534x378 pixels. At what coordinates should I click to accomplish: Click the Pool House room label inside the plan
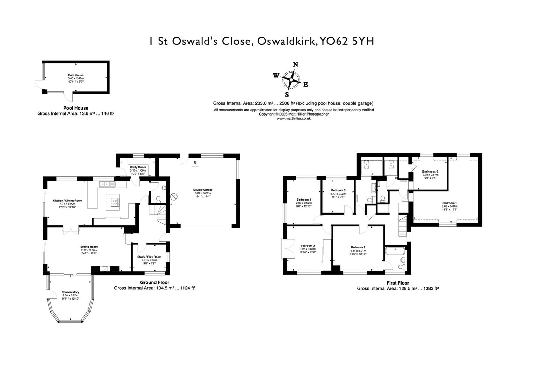coord(76,75)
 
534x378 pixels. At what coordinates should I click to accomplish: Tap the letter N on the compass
coord(295,64)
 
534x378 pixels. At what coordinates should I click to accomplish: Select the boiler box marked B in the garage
coord(195,163)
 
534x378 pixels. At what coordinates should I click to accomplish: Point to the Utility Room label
coord(138,167)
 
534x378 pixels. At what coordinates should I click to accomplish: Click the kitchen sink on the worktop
coord(104,184)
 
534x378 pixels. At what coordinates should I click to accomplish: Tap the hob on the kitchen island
coord(115,202)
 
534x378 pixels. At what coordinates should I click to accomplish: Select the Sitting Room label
coord(89,247)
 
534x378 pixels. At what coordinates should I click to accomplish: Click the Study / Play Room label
coord(149,257)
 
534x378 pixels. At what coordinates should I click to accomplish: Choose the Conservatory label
coord(71,292)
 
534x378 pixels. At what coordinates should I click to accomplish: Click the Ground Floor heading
coord(154,282)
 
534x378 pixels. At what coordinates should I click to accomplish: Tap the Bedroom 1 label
coord(449,203)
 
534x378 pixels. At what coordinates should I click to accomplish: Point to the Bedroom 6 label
coord(430,171)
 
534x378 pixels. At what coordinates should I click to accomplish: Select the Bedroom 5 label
coord(338,190)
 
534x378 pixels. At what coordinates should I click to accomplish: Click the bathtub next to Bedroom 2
coord(395,251)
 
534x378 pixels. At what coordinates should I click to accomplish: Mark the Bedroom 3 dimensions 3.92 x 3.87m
coord(308,249)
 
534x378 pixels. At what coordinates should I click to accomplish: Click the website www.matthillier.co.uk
coord(294,119)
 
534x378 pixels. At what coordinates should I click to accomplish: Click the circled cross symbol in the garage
coord(174,197)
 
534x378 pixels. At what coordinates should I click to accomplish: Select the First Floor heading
coord(398,283)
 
